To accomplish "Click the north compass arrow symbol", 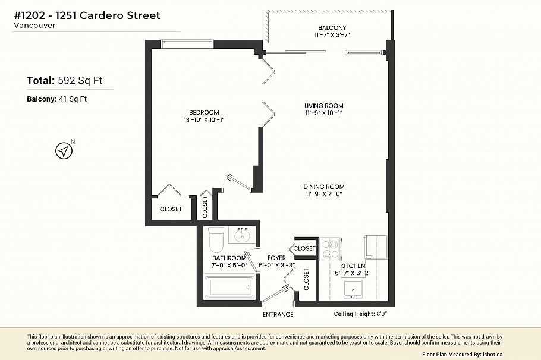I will tap(63, 151).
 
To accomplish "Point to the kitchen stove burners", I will tap(329, 250).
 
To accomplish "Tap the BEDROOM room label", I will tap(204, 112).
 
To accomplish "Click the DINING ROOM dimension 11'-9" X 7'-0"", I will tap(324, 194).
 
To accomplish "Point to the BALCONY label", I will tap(332, 28).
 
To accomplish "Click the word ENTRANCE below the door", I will tap(278, 314).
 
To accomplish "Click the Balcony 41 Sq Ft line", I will tap(57, 99).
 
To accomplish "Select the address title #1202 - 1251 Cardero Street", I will tap(87, 15).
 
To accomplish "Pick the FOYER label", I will tap(277, 258).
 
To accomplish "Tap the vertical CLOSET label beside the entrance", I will tap(306, 279).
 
